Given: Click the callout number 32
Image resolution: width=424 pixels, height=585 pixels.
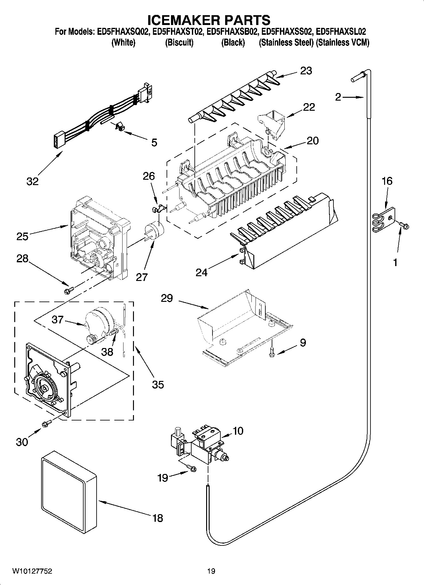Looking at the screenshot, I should click(33, 181).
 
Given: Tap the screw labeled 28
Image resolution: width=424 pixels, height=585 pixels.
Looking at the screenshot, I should click(69, 289).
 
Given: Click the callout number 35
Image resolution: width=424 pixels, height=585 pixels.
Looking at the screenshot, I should click(158, 384).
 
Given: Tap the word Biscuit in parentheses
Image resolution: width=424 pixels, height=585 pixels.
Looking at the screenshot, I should click(179, 43).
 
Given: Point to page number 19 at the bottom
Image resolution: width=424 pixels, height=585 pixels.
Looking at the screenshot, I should click(211, 571).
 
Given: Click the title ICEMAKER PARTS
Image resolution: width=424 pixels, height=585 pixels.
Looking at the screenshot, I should click(209, 20).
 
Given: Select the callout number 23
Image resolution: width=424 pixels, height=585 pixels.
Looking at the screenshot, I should click(306, 71).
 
